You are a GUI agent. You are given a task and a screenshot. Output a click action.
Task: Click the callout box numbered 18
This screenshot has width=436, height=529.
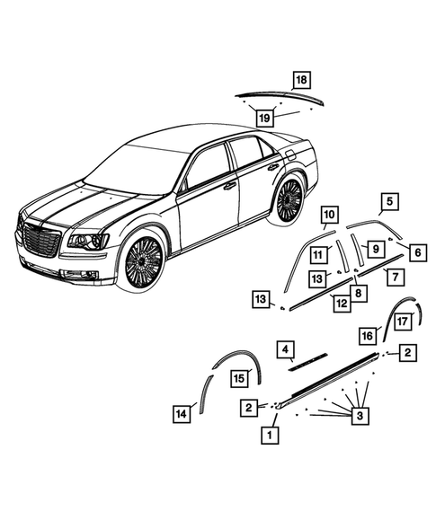pyautogui.click(x=300, y=78)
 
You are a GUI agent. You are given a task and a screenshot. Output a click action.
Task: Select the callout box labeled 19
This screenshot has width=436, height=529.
pyautogui.click(x=263, y=116)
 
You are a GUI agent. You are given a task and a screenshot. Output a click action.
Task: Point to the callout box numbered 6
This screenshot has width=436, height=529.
pyautogui.click(x=416, y=253)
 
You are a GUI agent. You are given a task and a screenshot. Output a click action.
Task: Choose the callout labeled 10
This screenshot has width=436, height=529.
pyautogui.click(x=329, y=215)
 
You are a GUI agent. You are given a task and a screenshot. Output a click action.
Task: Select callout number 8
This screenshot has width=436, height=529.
pyautogui.click(x=358, y=292)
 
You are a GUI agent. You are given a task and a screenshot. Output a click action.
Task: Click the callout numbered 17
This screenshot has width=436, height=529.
pyautogui.click(x=404, y=320)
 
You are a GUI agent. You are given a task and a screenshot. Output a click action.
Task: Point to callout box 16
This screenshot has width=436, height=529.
pyautogui.click(x=367, y=334)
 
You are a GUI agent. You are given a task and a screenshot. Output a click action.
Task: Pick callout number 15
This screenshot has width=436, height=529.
pyautogui.click(x=238, y=378)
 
